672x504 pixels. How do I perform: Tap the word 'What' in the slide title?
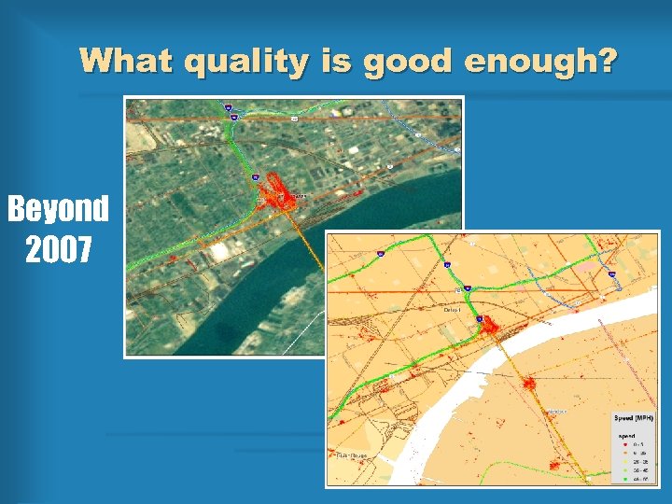coord(127,62)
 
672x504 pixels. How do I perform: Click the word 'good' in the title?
coord(408,62)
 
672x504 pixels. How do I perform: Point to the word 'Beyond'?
coord(58,209)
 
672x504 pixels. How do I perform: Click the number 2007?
coord(58,249)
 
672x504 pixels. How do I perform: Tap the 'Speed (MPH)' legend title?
coord(634,417)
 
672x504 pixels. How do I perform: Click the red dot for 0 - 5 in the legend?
coord(625,444)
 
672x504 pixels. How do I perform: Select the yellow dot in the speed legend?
coord(625,461)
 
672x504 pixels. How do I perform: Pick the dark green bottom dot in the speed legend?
coord(625,478)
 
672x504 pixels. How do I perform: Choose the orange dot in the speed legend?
coord(625,453)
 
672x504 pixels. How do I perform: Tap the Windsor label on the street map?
coord(557,411)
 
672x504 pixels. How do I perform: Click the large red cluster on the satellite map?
coord(274,194)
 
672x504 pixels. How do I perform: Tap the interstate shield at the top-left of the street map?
coord(380,253)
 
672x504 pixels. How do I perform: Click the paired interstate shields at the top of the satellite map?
coord(231,112)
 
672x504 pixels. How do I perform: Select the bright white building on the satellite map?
coord(221,251)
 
